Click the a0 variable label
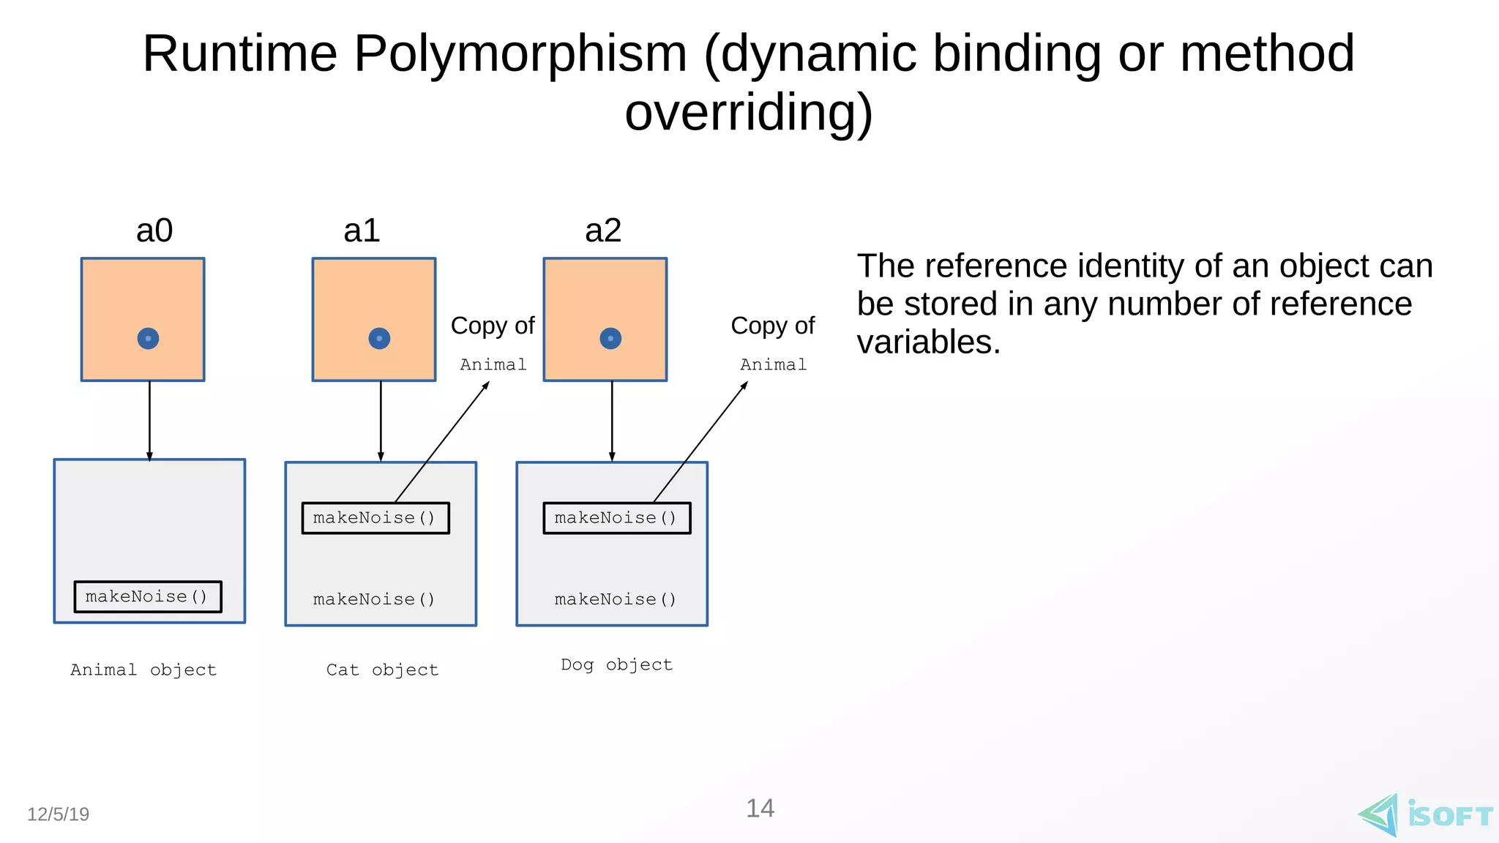coord(154,231)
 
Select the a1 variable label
coord(362,231)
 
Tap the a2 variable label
coord(603,231)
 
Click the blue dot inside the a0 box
coord(148,338)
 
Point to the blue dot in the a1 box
coord(379,338)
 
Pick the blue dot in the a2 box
coord(610,338)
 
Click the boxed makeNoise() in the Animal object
coord(148,596)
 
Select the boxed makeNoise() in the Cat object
coord(375,518)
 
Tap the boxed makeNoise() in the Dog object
coord(616,518)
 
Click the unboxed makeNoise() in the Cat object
coord(374,599)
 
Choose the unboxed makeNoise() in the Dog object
coord(616,599)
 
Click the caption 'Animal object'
coord(143,670)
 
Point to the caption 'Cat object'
coord(382,670)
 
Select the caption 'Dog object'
coord(616,664)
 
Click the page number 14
coord(760,808)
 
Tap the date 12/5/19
coord(59,814)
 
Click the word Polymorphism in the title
coord(520,54)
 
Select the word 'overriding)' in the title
coord(749,113)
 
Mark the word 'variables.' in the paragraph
coord(928,342)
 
